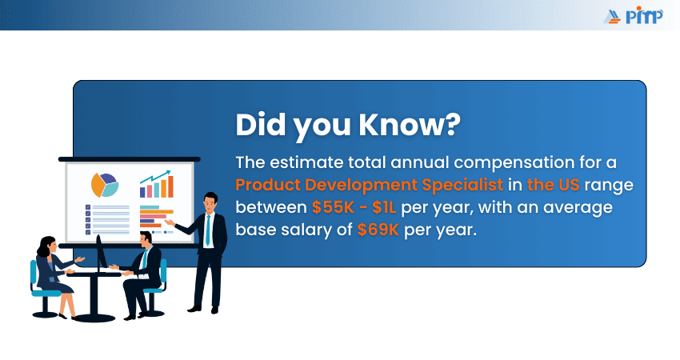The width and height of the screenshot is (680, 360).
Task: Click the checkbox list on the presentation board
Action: click(107, 218)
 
